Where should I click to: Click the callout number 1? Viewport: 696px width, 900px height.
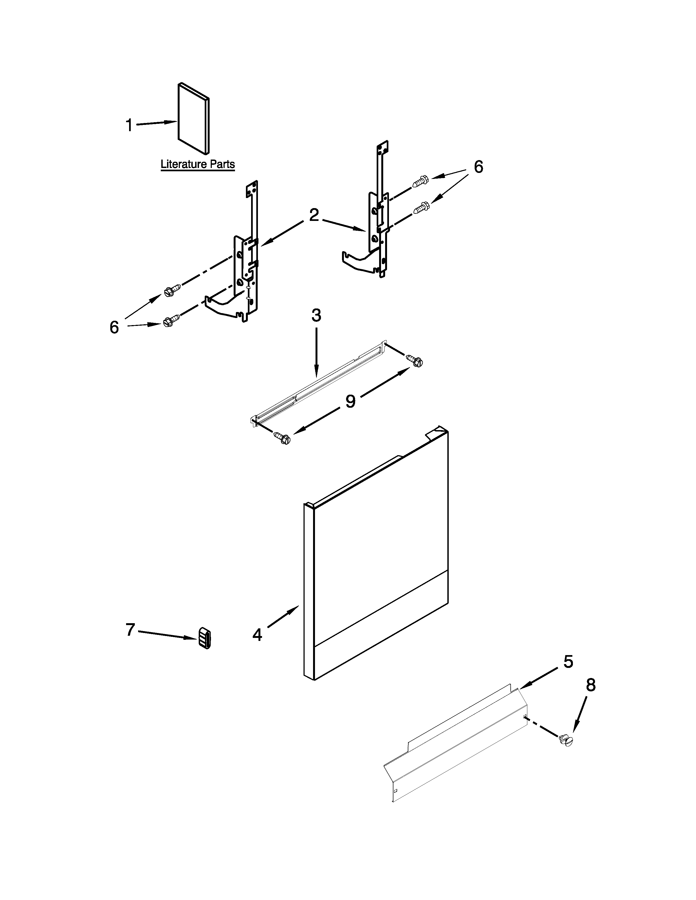click(129, 125)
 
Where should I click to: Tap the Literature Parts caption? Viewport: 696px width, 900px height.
click(198, 164)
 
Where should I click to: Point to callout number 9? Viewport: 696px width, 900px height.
click(350, 401)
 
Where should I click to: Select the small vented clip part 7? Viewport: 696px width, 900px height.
click(204, 638)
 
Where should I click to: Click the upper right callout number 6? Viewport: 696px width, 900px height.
click(478, 167)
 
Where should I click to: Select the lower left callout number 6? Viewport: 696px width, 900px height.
click(114, 327)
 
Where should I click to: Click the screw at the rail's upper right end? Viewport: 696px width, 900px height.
click(415, 360)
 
